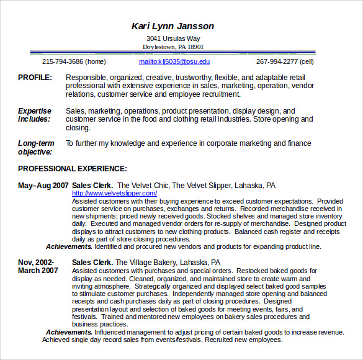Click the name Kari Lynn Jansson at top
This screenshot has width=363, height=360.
(x=173, y=26)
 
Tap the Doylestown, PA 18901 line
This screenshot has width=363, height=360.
(x=173, y=47)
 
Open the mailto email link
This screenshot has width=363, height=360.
(x=174, y=61)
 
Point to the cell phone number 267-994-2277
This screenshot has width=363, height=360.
(x=285, y=61)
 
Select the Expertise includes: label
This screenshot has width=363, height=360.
(x=35, y=115)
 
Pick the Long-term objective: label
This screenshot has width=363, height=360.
(x=35, y=147)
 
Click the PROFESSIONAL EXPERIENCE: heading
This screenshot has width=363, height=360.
(x=73, y=168)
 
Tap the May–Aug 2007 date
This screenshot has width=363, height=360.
(x=43, y=186)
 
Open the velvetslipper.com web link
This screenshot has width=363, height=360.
(x=105, y=194)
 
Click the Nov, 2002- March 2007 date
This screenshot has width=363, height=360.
(x=38, y=266)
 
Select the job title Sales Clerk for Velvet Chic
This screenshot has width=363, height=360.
(x=92, y=186)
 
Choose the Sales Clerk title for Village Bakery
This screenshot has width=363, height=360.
(x=92, y=263)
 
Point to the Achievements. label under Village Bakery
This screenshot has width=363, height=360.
(x=69, y=332)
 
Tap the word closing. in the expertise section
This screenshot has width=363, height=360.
(x=78, y=128)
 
